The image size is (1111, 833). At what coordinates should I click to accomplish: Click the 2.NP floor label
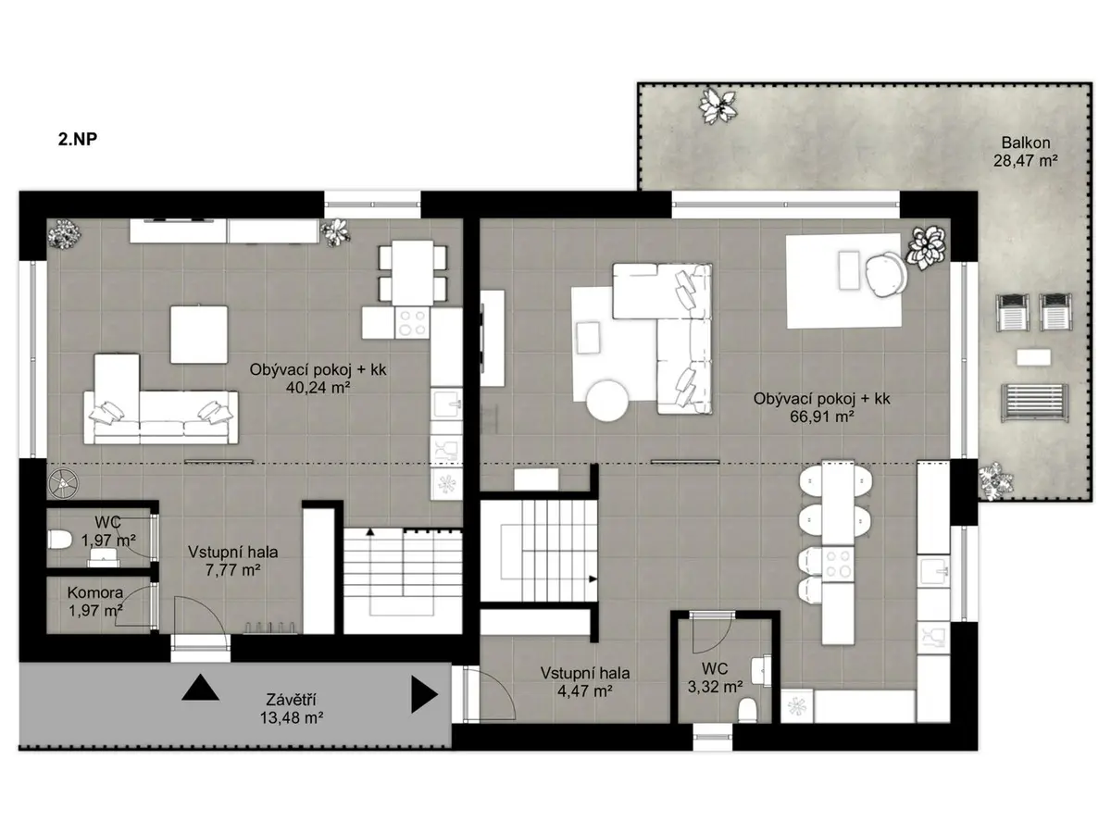point(78,139)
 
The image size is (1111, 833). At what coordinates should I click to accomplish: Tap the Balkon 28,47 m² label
point(1025,152)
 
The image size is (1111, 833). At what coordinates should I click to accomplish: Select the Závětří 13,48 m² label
point(292,709)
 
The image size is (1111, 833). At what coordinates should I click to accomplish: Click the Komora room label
point(95,592)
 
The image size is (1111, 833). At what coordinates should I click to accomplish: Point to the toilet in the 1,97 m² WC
point(60,540)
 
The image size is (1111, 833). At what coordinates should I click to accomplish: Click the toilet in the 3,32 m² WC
point(747,710)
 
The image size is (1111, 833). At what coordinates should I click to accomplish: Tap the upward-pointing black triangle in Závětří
point(200,688)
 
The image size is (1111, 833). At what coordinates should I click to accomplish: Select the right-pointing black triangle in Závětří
point(424,694)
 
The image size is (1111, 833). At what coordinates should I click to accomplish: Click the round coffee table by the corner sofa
point(608,401)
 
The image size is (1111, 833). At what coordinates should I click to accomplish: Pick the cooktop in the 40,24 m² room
point(412,323)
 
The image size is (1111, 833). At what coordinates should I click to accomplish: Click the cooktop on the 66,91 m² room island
point(838,564)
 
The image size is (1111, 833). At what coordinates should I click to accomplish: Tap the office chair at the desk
point(886,274)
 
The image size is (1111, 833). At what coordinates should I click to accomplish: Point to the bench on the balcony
point(1034,403)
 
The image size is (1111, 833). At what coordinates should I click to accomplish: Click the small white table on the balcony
point(1033,357)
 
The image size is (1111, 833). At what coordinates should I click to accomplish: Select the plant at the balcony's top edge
point(718,106)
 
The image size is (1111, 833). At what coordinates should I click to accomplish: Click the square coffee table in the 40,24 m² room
point(198,334)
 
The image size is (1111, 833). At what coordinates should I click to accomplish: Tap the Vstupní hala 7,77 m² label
point(232,560)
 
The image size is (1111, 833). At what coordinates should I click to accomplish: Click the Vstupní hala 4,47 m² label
point(585,681)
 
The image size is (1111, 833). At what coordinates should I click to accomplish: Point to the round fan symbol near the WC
point(63,483)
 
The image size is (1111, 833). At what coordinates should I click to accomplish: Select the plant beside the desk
point(926,247)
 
